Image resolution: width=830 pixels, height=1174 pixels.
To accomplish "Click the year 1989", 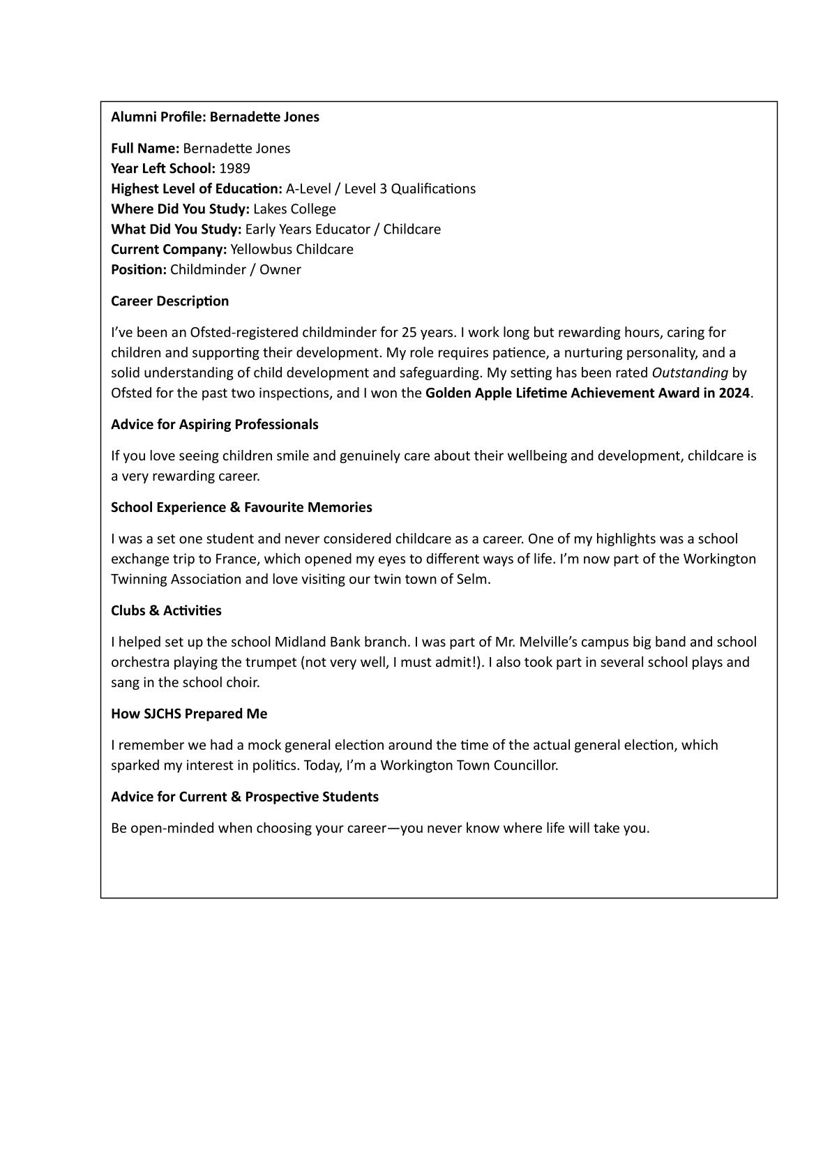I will point(234,168).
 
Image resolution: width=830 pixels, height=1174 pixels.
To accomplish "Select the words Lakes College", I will point(294,209).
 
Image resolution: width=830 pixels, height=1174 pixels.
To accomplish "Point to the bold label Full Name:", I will point(145,148).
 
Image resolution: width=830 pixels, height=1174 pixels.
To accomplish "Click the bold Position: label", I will point(139,269).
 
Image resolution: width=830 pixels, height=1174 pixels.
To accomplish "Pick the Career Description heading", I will point(169,301).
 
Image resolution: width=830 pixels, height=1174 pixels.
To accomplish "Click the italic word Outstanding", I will point(690,372).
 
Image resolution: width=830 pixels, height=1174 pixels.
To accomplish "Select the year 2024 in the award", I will point(733,393).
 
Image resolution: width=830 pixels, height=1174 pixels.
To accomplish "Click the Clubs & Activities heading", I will point(166,610).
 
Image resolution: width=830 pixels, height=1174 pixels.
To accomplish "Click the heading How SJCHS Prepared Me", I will point(189,714).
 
